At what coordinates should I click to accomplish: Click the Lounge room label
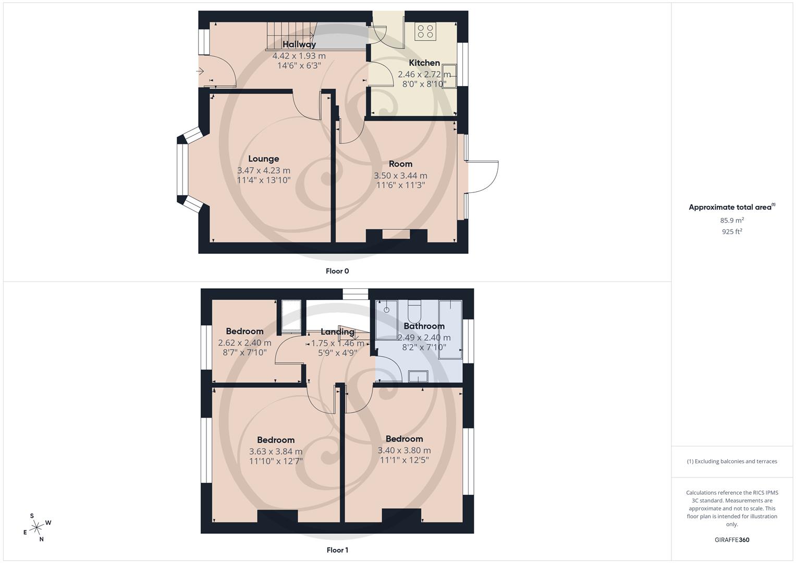pyautogui.click(x=263, y=159)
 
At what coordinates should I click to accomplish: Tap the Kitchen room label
pyautogui.click(x=424, y=63)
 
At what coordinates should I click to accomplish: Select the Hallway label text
pyautogui.click(x=299, y=44)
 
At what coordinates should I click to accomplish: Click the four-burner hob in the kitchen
pyautogui.click(x=425, y=32)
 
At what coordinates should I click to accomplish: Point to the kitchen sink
pyautogui.click(x=449, y=76)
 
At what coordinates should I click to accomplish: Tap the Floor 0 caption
pyautogui.click(x=337, y=271)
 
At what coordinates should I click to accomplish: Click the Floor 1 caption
pyautogui.click(x=337, y=550)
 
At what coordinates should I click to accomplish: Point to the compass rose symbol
pyautogui.click(x=36, y=528)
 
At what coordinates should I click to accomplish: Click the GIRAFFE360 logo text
pyautogui.click(x=732, y=540)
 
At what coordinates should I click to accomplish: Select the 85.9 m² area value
pyautogui.click(x=732, y=221)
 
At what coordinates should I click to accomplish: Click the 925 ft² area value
pyautogui.click(x=732, y=232)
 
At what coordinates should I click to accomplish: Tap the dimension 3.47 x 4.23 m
pyautogui.click(x=263, y=170)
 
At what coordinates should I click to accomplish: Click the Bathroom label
pyautogui.click(x=424, y=326)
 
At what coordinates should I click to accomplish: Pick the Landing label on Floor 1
pyautogui.click(x=337, y=332)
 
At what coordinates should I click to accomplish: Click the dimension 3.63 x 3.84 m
pyautogui.click(x=275, y=451)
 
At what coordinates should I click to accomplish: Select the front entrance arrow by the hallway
pyautogui.click(x=201, y=71)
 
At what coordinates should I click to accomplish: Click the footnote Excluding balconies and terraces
pyautogui.click(x=732, y=461)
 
